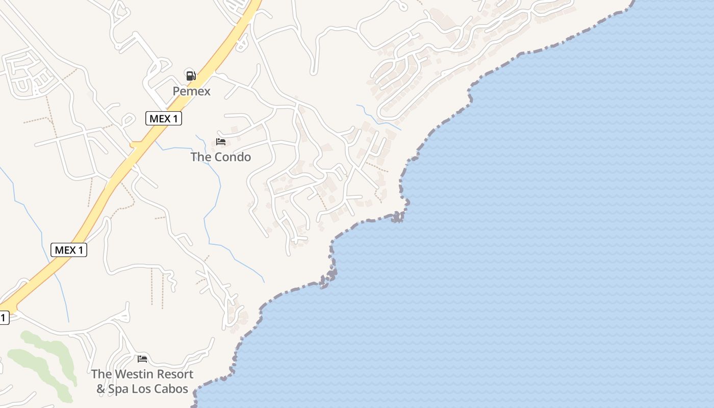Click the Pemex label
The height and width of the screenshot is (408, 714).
(191, 91)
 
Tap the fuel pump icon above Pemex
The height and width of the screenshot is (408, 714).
(191, 76)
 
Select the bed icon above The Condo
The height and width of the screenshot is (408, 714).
(221, 142)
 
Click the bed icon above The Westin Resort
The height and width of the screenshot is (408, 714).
(142, 359)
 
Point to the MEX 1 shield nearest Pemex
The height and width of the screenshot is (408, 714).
(164, 119)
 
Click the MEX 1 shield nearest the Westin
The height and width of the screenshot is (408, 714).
(69, 250)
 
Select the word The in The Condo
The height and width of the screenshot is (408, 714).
(200, 157)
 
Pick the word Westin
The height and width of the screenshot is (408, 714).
(134, 374)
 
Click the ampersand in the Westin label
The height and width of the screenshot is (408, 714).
(101, 389)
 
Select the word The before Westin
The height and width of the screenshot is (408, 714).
(101, 374)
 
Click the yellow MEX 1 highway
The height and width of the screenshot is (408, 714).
(117, 173)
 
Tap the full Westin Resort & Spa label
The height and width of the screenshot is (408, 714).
(142, 381)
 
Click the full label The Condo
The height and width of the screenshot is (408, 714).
(221, 157)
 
